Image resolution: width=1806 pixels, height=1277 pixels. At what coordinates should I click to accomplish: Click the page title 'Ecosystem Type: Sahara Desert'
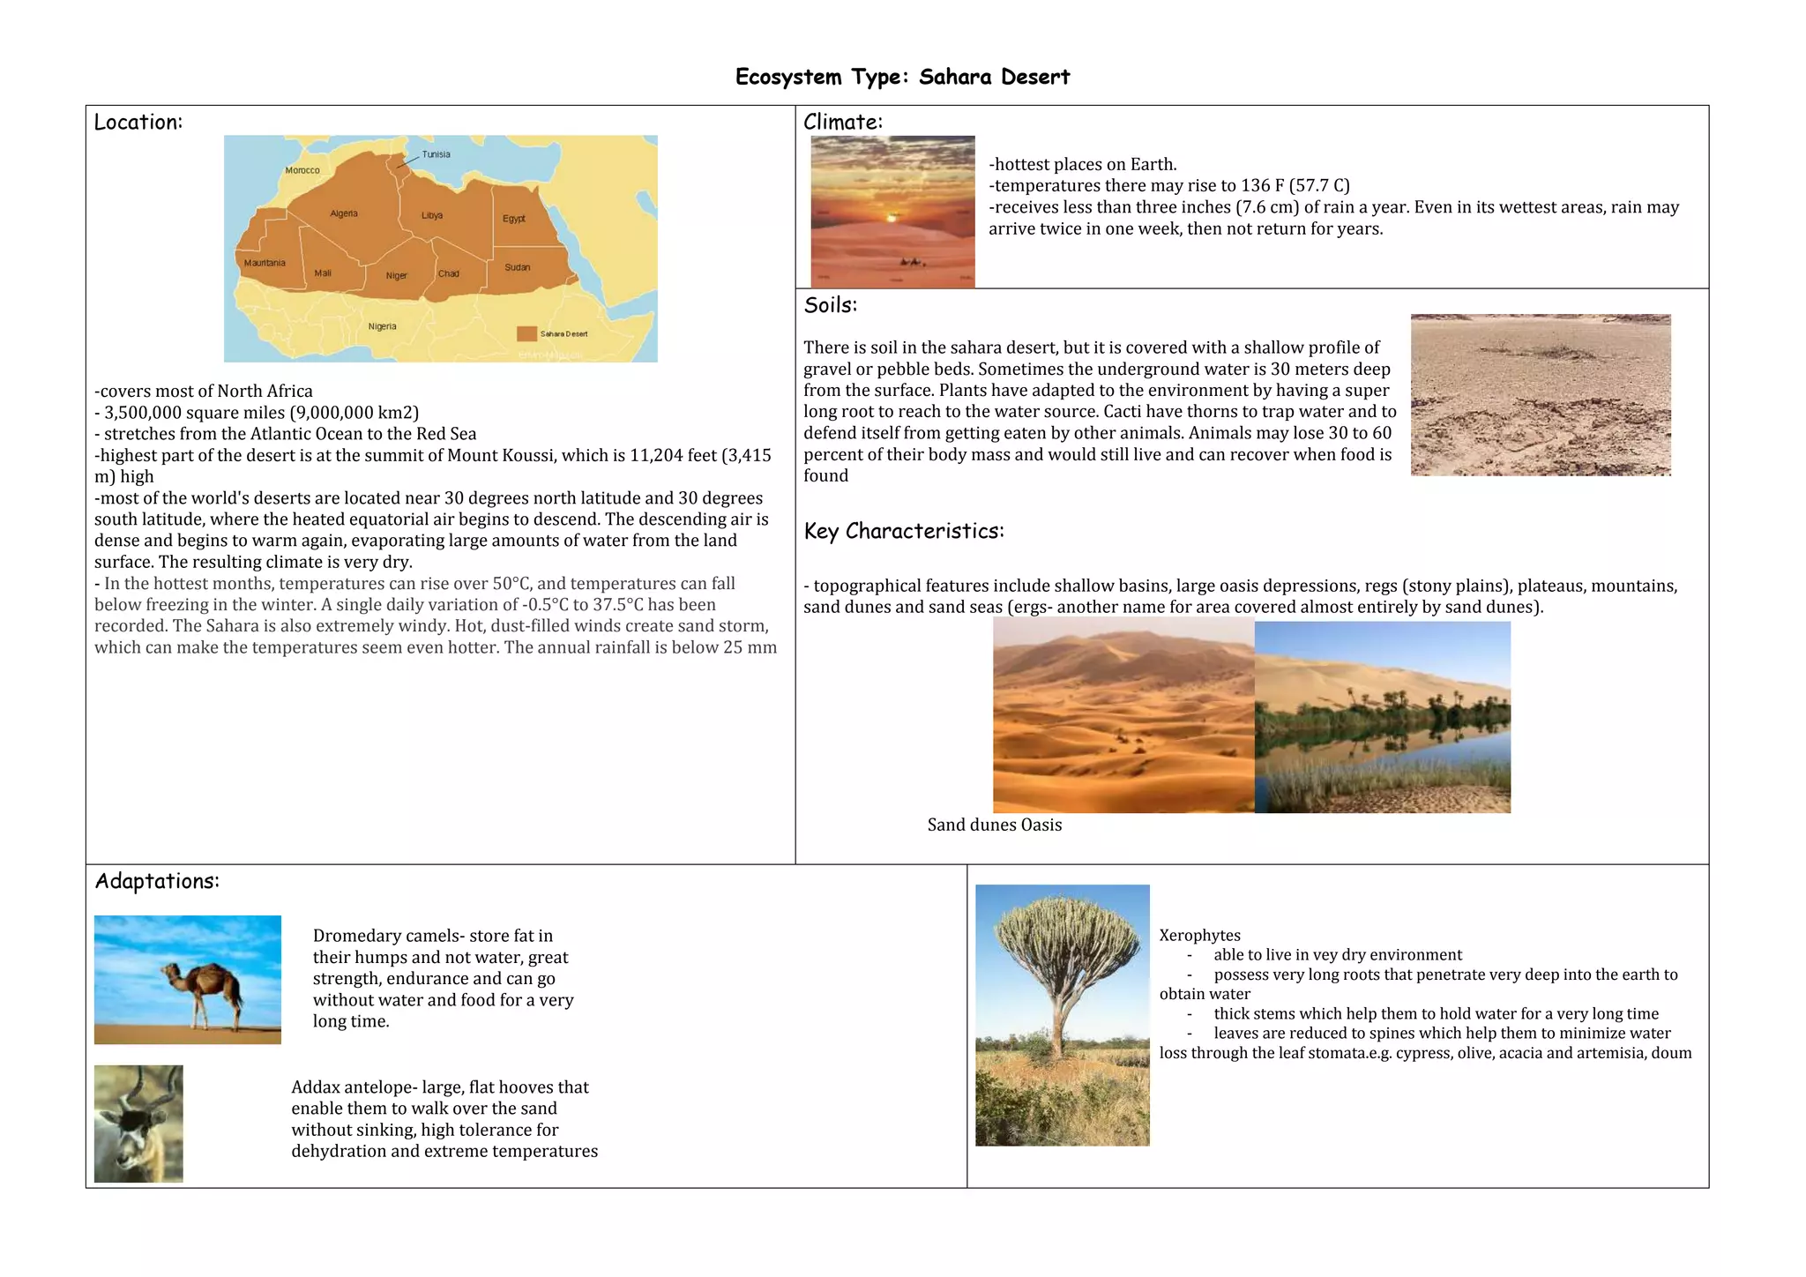pos(902,78)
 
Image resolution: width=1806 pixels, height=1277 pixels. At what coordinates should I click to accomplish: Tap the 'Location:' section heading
pos(138,123)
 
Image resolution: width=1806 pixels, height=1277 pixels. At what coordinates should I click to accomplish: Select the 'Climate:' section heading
pos(842,123)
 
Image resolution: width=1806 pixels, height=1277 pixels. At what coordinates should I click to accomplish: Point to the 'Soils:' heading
pos(830,306)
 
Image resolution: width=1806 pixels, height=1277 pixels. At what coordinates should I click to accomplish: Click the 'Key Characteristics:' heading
pos(903,531)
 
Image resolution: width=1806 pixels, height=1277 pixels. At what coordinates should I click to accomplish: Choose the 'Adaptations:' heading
pos(157,881)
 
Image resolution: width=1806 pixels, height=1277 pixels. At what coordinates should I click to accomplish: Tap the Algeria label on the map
pos(344,213)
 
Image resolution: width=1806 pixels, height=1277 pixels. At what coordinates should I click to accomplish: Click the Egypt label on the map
pos(514,219)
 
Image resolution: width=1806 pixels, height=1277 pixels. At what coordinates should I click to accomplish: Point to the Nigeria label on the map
pos(382,326)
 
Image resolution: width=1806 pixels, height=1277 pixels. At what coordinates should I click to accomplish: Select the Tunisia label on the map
pos(436,154)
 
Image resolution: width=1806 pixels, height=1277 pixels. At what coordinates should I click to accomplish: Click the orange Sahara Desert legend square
pos(526,333)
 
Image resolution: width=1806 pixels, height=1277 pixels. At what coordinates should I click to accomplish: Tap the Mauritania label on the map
pos(265,263)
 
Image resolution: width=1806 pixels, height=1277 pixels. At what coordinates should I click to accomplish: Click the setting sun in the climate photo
pos(892,217)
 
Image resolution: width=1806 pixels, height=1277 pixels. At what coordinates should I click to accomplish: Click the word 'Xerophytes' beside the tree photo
pos(1199,936)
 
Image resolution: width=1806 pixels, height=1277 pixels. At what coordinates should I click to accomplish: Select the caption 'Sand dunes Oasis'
pos(994,825)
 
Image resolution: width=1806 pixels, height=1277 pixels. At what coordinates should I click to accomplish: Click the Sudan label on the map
pos(517,267)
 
